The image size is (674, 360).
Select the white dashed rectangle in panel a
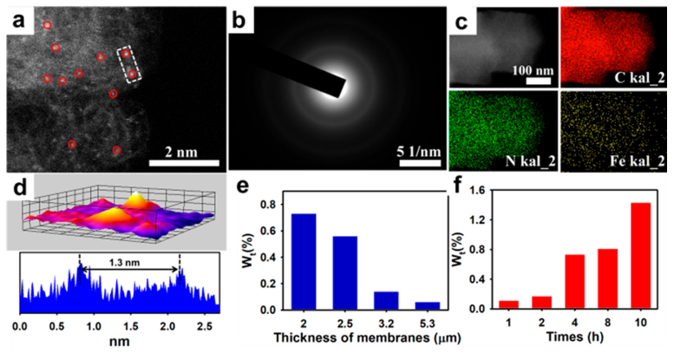point(129,65)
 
